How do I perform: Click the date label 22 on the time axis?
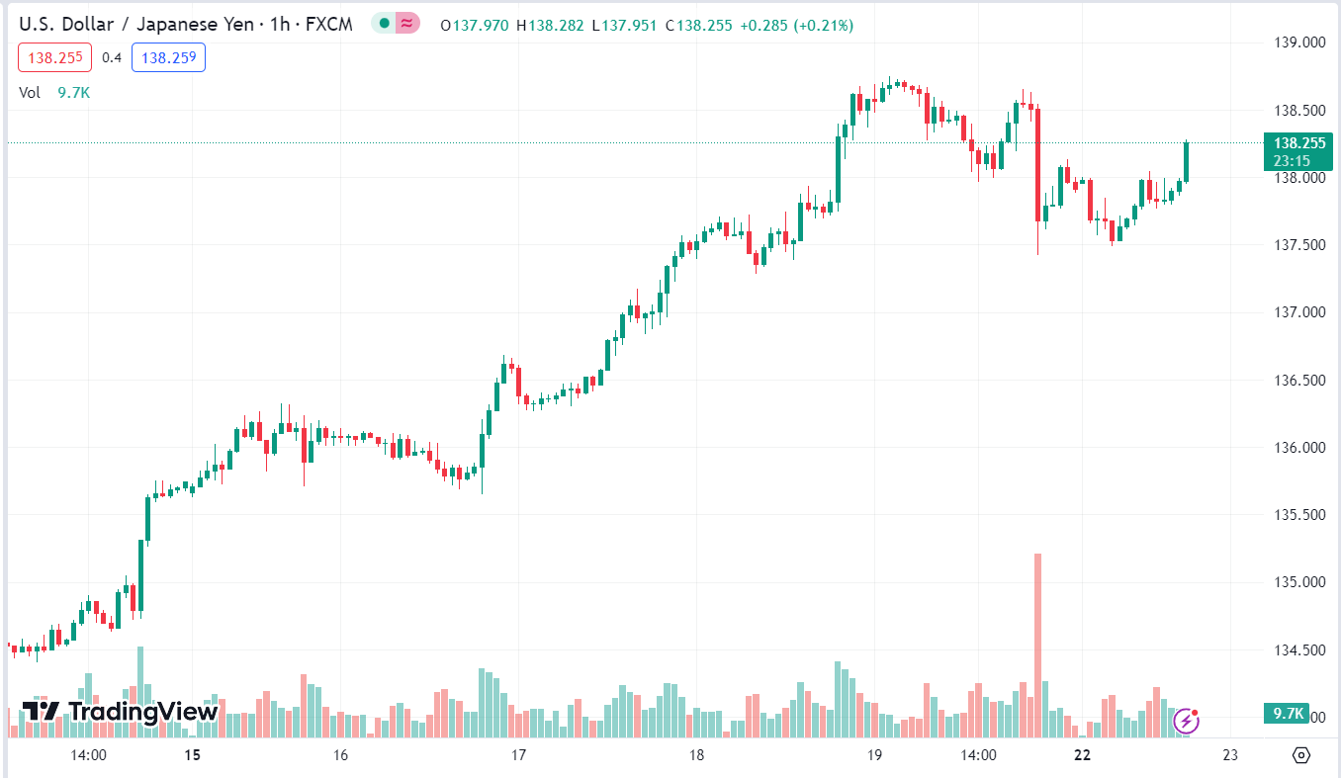pos(1082,755)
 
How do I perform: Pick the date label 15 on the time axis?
pos(192,755)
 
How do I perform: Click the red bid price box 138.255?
pos(54,57)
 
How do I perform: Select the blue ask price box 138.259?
pos(168,57)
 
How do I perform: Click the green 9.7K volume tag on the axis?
pos(1286,714)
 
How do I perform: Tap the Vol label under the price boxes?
pos(30,92)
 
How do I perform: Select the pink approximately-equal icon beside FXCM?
pos(407,24)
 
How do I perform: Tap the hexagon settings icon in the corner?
pos(1301,755)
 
